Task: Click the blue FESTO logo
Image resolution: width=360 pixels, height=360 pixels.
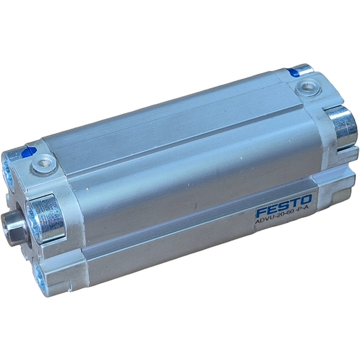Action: [x=284, y=205]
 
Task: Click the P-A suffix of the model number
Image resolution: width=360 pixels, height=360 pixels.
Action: [x=306, y=214]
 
